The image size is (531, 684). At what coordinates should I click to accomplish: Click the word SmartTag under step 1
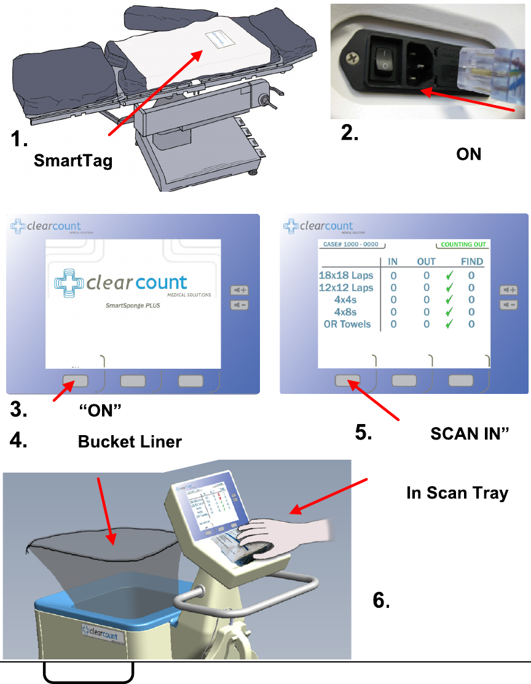click(73, 161)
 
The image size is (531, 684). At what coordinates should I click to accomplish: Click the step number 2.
click(350, 134)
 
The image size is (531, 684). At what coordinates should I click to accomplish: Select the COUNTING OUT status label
click(463, 245)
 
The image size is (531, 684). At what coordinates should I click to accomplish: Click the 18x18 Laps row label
click(346, 275)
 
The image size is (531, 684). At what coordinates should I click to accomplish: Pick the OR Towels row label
click(347, 324)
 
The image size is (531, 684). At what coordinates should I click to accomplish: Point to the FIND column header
click(472, 262)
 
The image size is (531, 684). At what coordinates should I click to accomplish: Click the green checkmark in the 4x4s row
click(449, 300)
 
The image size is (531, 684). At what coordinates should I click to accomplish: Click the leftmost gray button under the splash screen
click(75, 381)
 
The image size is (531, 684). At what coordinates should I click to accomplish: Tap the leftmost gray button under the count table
click(348, 381)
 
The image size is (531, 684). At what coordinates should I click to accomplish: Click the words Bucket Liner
click(130, 442)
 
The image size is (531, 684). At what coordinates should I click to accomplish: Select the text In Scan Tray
click(457, 493)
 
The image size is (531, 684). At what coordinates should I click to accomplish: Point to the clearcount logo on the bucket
click(102, 631)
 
